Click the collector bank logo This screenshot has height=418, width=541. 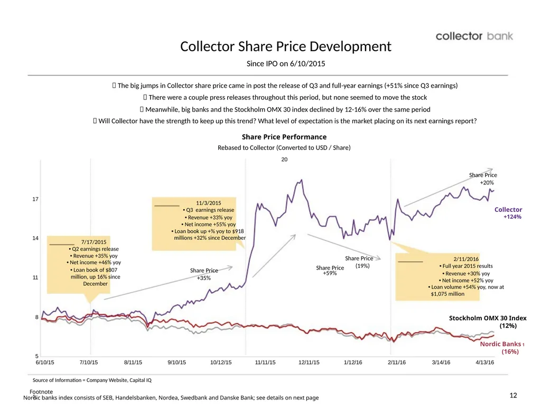click(x=474, y=36)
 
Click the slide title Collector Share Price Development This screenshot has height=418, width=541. click(x=286, y=47)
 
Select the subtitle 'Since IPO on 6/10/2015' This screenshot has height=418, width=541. click(x=286, y=63)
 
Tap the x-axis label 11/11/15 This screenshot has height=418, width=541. click(x=265, y=363)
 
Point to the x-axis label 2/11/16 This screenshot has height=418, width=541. click(x=397, y=363)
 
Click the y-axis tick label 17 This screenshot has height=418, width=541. click(x=35, y=199)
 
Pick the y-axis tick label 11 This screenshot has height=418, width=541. click(x=35, y=277)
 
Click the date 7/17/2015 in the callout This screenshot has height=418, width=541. click(x=94, y=242)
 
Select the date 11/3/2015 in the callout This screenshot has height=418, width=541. click(x=208, y=203)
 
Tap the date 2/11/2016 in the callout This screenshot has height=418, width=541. click(x=466, y=259)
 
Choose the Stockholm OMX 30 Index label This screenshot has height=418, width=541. click(x=488, y=322)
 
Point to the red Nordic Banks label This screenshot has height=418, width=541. click(x=502, y=348)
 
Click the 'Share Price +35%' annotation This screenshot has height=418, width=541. click(x=204, y=274)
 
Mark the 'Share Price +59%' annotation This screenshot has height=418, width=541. click(x=330, y=270)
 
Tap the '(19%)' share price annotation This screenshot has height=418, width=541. click(x=362, y=266)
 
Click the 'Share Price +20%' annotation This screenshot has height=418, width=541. click(x=483, y=179)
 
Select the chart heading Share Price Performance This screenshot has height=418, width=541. click(x=284, y=137)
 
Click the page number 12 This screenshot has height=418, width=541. click(x=513, y=395)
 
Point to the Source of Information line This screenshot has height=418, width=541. click(x=92, y=380)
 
